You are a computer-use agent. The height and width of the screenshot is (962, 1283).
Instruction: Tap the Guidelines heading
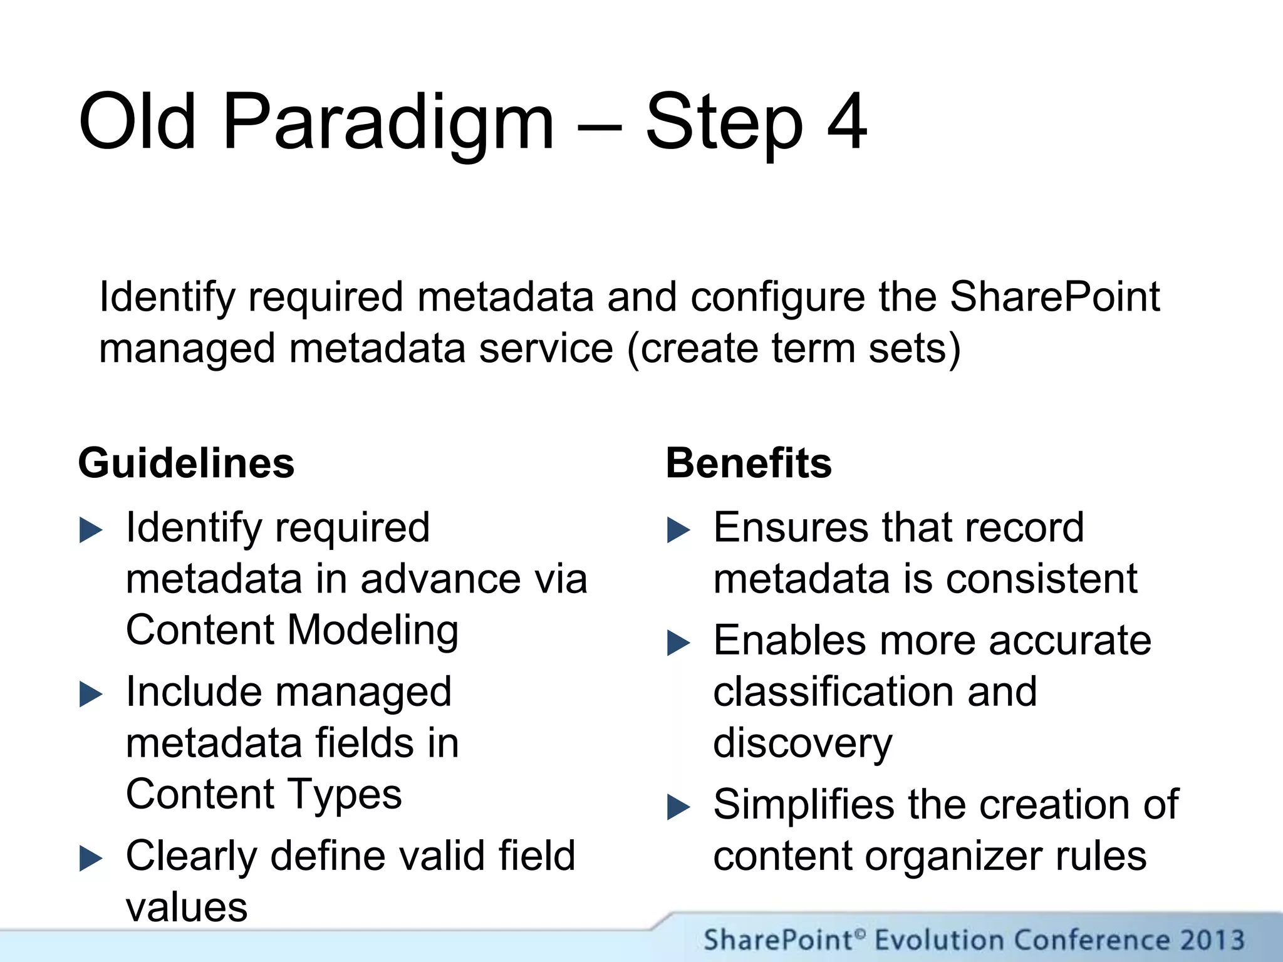point(186,463)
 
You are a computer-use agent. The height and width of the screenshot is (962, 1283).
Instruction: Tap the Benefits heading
point(749,463)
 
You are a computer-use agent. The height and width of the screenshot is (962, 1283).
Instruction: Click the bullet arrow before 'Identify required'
point(91,530)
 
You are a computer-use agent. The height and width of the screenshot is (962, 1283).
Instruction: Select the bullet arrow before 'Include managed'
point(91,695)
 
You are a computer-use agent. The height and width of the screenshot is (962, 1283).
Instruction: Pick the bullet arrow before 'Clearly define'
point(91,859)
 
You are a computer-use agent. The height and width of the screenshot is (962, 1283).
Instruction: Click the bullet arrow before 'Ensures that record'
point(678,530)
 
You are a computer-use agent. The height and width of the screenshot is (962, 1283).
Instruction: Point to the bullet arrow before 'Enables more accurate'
point(678,643)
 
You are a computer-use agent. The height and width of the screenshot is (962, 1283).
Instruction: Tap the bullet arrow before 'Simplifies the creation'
point(678,807)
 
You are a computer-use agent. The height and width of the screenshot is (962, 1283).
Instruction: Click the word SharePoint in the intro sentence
point(1054,297)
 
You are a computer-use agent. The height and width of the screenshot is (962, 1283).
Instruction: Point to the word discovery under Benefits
point(803,744)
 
